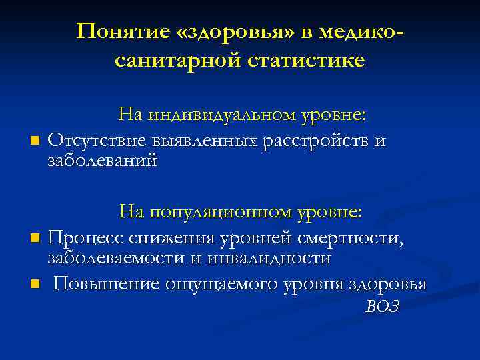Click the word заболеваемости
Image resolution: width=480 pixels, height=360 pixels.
point(115,257)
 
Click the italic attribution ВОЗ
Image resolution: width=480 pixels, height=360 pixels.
point(382,306)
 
